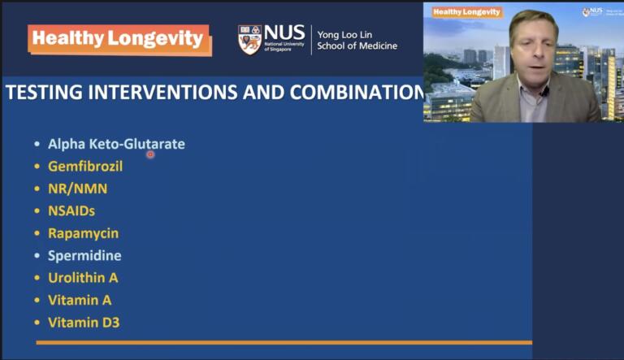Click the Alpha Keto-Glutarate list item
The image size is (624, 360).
click(x=116, y=144)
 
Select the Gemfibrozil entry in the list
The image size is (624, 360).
click(x=85, y=166)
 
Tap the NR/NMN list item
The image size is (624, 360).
click(x=77, y=189)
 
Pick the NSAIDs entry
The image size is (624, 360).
click(x=71, y=210)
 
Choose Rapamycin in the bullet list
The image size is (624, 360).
click(x=83, y=233)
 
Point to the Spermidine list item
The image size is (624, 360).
click(x=84, y=255)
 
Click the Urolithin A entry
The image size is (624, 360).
click(x=83, y=277)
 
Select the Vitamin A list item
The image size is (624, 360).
click(x=80, y=300)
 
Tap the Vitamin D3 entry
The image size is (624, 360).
click(x=84, y=322)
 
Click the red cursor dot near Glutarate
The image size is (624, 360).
click(x=150, y=154)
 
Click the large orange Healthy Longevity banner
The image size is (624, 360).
click(x=119, y=39)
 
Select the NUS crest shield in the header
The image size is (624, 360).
click(x=249, y=39)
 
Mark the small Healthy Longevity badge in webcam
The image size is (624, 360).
click(x=466, y=12)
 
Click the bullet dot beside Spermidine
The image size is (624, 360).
click(x=37, y=256)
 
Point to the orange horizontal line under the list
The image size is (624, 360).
click(x=284, y=343)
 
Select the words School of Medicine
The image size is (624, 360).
click(x=357, y=46)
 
